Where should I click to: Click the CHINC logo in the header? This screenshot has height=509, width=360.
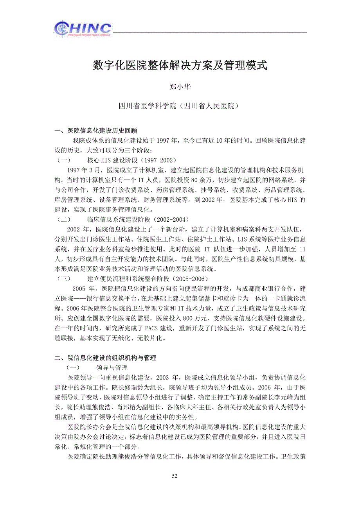point(83,29)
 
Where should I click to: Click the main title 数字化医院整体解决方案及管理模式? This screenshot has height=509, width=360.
point(180,65)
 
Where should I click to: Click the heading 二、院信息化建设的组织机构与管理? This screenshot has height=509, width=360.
point(105,358)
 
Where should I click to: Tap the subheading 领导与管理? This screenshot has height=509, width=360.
point(112,368)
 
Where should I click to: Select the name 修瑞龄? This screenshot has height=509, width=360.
point(124,388)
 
